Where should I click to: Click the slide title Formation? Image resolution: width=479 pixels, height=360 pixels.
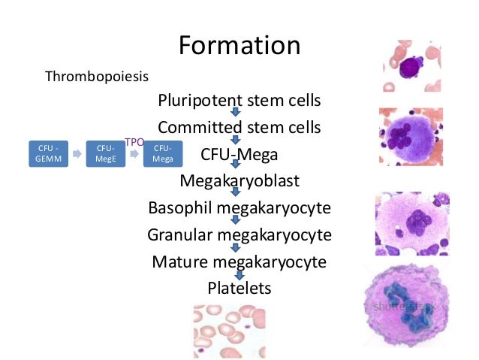(x=239, y=47)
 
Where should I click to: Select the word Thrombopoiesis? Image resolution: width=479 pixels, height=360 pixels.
(x=97, y=77)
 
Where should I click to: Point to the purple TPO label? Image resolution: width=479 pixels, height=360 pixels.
(x=134, y=141)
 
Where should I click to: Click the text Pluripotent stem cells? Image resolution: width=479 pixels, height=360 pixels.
(x=239, y=100)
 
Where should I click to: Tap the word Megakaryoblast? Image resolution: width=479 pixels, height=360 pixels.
(x=239, y=181)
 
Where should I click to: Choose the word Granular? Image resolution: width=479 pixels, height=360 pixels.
(x=179, y=234)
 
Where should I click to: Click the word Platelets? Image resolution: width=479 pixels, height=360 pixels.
(x=239, y=288)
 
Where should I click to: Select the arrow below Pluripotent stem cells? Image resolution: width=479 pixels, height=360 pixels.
(x=235, y=113)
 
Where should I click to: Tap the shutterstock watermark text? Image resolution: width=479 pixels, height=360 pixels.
(x=405, y=308)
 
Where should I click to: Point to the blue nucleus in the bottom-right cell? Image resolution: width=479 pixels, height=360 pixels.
(x=411, y=308)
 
